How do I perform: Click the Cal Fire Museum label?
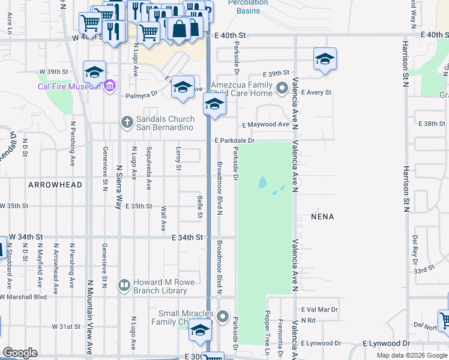click(68, 86)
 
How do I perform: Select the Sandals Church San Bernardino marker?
click(126, 122)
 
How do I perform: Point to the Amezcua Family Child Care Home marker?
click(283, 89)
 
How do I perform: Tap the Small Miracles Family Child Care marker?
click(223, 316)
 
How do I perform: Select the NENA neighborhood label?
click(322, 216)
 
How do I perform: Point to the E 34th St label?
click(187, 238)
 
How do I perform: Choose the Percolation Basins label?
click(247, 6)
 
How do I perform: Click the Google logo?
click(20, 353)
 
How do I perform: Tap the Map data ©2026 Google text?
click(412, 355)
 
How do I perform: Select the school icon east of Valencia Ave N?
click(325, 59)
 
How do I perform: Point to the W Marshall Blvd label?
click(24, 297)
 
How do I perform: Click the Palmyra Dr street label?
click(141, 94)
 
